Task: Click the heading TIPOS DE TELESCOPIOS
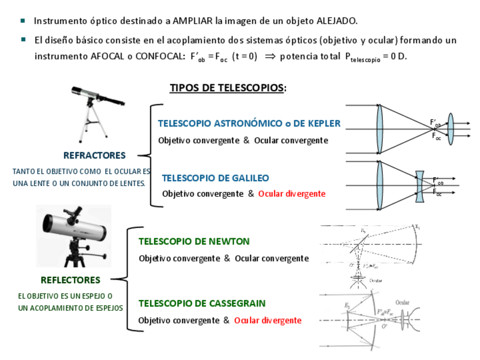coord(228,88)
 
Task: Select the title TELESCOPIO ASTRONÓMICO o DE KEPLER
coord(249,123)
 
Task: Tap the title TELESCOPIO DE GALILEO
coord(215,178)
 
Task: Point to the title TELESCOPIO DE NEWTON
coord(194,241)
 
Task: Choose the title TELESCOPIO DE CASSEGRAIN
coord(202,303)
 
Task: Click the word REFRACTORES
coord(95,155)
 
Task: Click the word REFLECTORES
coord(70,280)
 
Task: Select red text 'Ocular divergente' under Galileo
coord(292,194)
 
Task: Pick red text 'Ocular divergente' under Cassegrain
coord(268,320)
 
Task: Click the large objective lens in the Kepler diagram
coord(379,130)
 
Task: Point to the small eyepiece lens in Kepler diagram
coord(451,130)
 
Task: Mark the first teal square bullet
coord(23,20)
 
